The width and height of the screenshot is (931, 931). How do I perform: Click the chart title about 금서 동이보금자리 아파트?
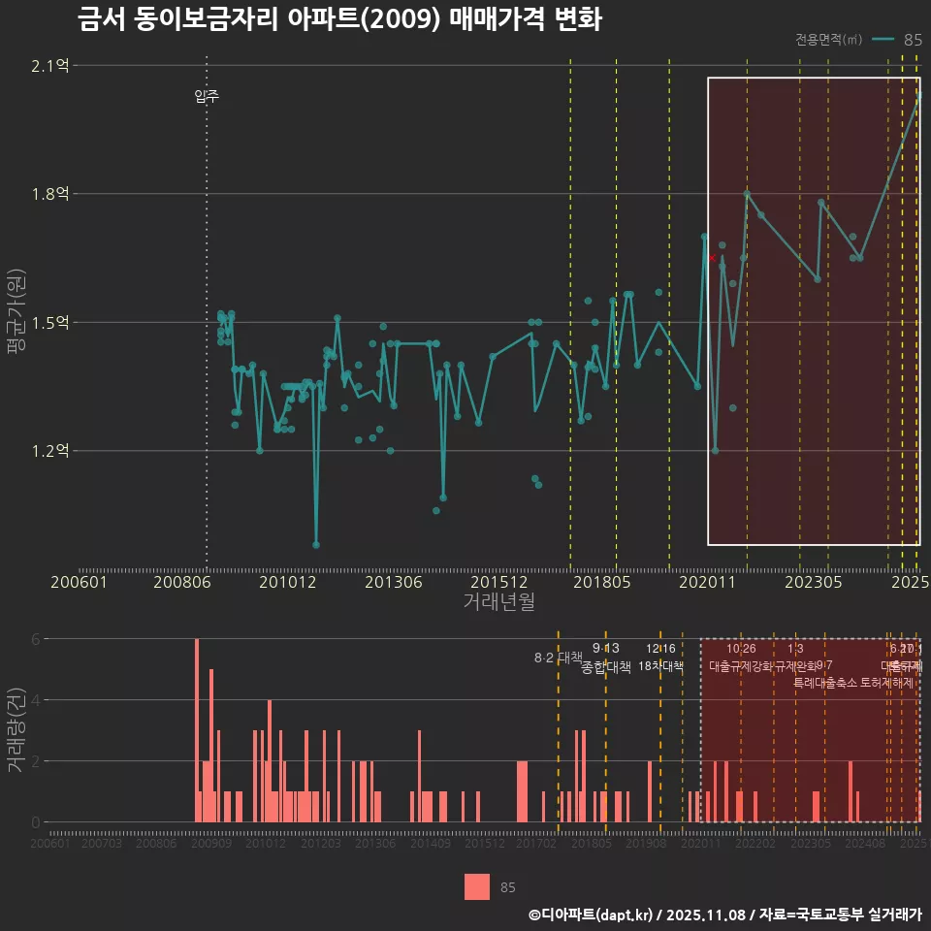[340, 19]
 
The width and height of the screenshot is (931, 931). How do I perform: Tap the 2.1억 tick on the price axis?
[51, 66]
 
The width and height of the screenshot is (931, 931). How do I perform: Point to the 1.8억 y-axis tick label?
[51, 194]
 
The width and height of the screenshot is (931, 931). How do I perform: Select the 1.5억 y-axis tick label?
[51, 322]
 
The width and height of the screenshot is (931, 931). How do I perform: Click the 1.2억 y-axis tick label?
[51, 450]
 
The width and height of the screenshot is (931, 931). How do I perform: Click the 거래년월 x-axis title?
[498, 601]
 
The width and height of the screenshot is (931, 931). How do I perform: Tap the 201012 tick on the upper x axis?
[288, 582]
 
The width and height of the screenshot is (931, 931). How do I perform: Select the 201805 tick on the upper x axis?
[604, 582]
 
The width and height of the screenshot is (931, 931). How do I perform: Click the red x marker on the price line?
[712, 258]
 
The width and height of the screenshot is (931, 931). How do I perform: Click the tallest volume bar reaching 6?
[197, 730]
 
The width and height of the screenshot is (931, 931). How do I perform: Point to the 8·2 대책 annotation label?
[558, 657]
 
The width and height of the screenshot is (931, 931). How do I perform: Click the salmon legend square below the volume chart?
[477, 886]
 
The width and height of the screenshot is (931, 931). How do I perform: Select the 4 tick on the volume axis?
[37, 699]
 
